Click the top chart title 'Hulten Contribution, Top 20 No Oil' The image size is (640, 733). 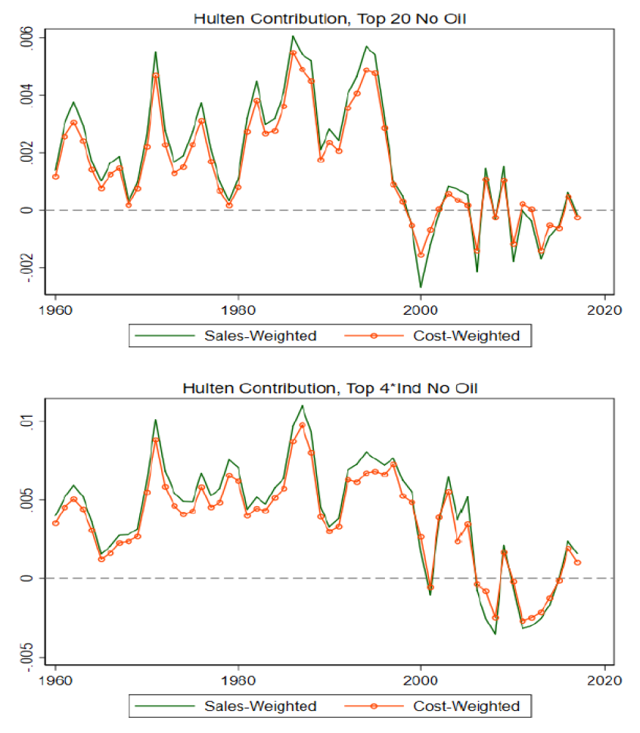tap(330, 19)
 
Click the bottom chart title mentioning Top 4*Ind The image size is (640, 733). tap(330, 389)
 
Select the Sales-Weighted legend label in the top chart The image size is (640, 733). tap(260, 336)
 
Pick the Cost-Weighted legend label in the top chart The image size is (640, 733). tap(467, 336)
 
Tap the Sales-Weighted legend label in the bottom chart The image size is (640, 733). tap(260, 706)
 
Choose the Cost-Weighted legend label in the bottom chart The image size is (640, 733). tap(467, 706)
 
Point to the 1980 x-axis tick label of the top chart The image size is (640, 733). tap(238, 310)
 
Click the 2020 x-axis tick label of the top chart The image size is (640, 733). tap(604, 310)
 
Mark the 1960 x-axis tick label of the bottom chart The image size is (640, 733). tap(56, 680)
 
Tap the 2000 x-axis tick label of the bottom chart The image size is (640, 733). tap(421, 680)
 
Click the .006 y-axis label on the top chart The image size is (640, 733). tap(26, 37)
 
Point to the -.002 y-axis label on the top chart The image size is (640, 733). tap(26, 268)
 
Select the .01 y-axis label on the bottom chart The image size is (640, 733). tap(26, 421)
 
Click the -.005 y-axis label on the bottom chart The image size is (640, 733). tap(26, 657)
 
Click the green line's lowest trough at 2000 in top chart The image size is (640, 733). tap(421, 287)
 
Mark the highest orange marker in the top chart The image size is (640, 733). tap(293, 53)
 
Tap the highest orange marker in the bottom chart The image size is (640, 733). tap(303, 425)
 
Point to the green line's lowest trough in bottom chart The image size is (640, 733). tap(495, 634)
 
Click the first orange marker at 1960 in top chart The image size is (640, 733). tap(56, 177)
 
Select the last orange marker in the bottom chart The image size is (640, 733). tap(578, 562)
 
